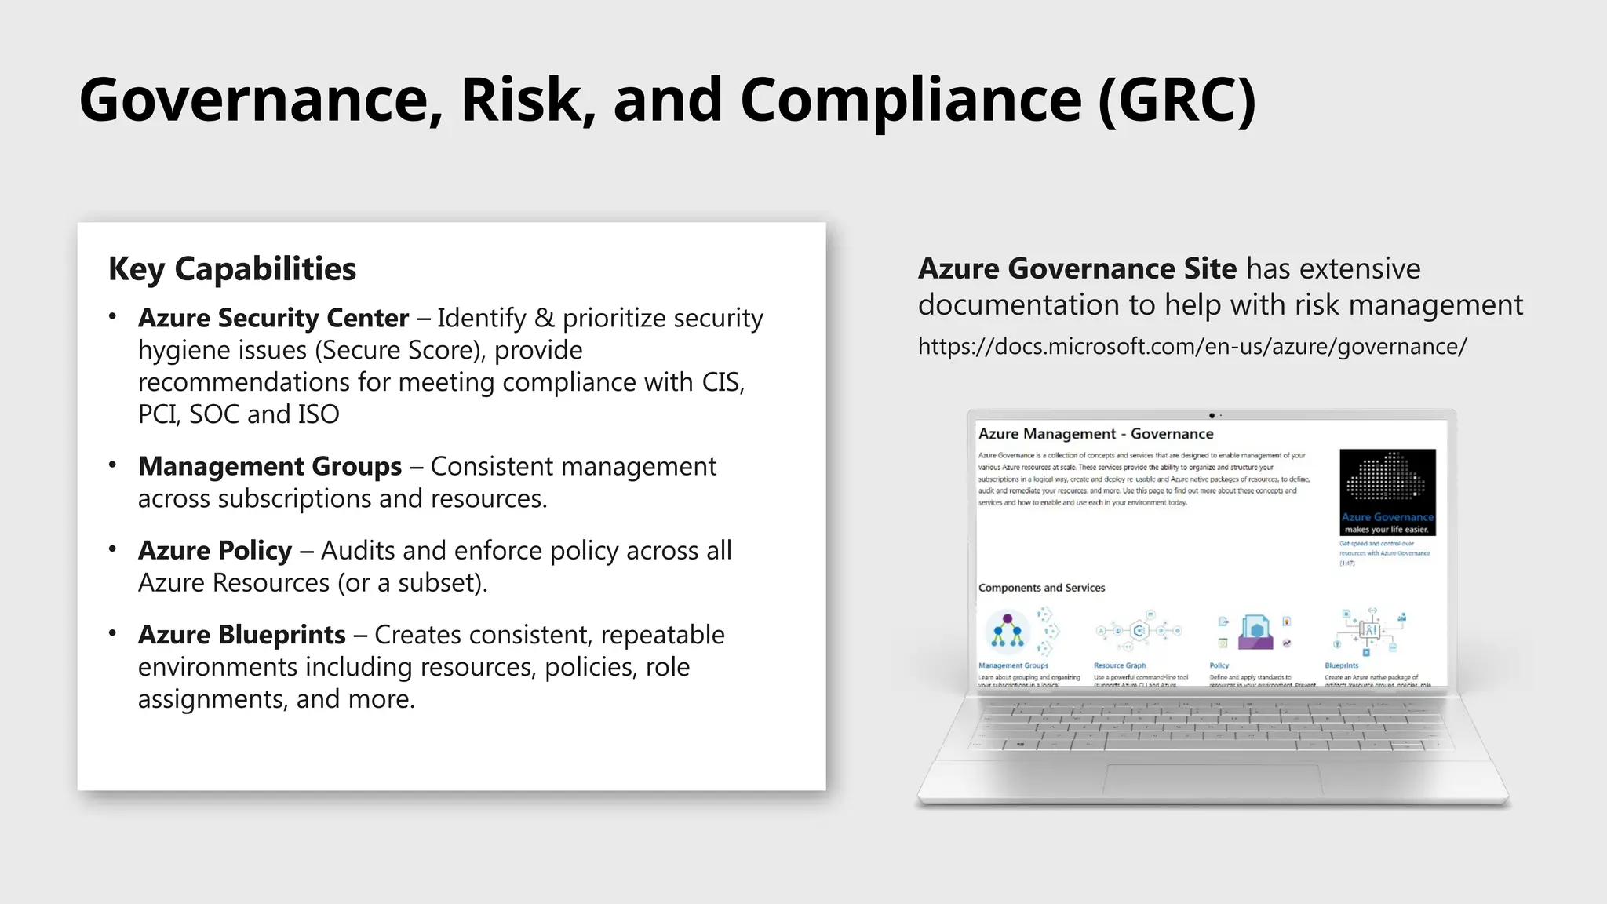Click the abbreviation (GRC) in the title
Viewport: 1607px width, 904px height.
point(1176,100)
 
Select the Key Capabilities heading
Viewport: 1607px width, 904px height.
point(232,269)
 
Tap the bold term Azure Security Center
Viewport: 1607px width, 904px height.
point(273,318)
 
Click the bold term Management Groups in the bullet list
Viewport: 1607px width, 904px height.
point(270,466)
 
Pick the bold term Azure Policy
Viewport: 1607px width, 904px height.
point(215,551)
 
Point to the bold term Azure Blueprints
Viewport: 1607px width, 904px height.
point(242,635)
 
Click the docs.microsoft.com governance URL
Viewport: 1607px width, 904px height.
point(1192,346)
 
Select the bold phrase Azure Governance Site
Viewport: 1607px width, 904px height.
point(1077,269)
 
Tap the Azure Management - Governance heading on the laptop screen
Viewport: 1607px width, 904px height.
point(1095,434)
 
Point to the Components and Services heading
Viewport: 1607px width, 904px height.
point(1041,588)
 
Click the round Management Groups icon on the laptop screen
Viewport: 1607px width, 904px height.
point(1008,632)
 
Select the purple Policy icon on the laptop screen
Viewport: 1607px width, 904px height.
point(1255,632)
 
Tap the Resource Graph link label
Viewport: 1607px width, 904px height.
point(1120,665)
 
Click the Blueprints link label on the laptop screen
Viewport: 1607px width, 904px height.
point(1341,665)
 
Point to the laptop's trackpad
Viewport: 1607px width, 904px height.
point(1212,779)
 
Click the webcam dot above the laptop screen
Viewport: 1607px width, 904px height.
point(1212,415)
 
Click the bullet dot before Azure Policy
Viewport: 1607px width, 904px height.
point(113,549)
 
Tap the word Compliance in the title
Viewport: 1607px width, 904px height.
point(911,100)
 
